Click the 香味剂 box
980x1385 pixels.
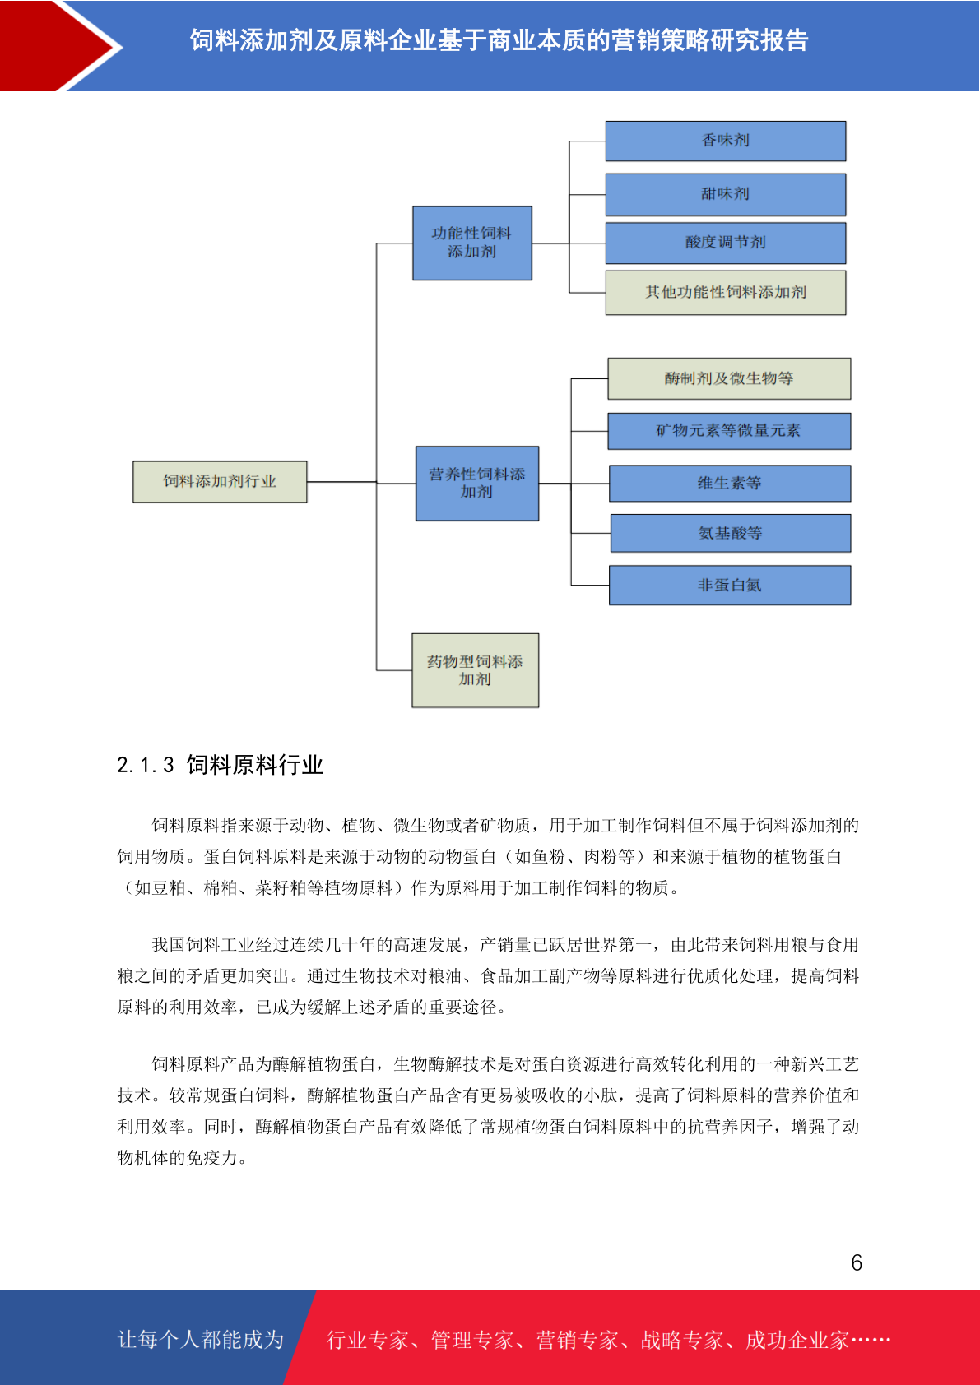[725, 141]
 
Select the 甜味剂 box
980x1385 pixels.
[725, 195]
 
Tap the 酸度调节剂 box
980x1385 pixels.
[725, 243]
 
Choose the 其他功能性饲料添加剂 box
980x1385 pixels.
[725, 293]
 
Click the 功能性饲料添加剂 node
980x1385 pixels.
[472, 243]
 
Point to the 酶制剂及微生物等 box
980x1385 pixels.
[729, 378]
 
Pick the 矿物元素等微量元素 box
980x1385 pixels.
[729, 431]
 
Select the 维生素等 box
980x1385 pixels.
[729, 483]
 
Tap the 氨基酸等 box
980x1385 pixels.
[730, 533]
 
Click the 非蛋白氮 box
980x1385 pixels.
[729, 585]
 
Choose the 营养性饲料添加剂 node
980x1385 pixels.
[477, 484]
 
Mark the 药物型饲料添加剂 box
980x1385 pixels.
[475, 670]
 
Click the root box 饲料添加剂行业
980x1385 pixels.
[220, 482]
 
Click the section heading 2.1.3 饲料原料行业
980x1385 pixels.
[220, 765]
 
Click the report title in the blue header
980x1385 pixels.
[499, 41]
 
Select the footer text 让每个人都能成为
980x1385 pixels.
[201, 1339]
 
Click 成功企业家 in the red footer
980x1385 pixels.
[797, 1340]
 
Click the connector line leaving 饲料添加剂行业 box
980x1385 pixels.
[341, 482]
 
